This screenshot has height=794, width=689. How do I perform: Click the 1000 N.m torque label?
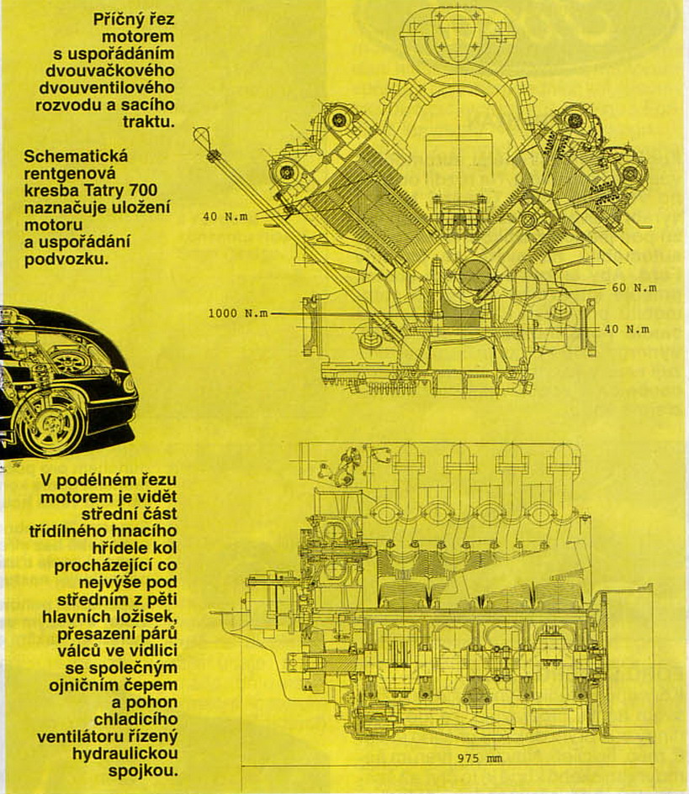[238, 313]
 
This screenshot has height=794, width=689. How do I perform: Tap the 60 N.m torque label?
[634, 287]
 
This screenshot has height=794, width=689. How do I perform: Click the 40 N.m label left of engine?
[224, 216]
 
